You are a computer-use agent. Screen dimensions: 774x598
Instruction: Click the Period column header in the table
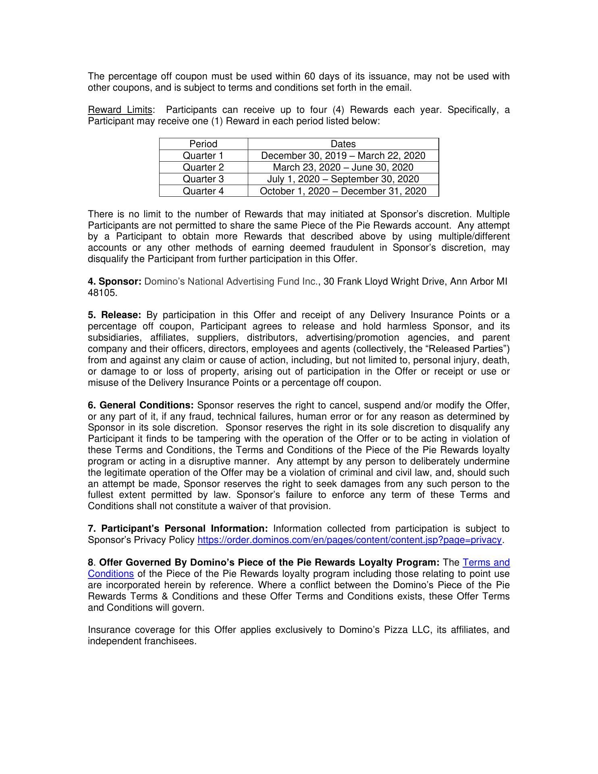[x=203, y=144]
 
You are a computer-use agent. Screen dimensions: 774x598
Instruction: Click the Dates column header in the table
[x=343, y=144]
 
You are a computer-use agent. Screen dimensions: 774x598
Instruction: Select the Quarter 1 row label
[x=203, y=156]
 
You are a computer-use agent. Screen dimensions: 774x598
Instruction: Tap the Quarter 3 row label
[x=203, y=179]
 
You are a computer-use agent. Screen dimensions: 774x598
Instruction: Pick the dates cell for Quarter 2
[x=343, y=167]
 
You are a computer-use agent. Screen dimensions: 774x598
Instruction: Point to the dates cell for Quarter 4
[x=343, y=191]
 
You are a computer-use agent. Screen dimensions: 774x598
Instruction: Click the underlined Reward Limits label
[x=120, y=110]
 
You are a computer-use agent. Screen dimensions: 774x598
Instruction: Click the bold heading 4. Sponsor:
[x=114, y=281]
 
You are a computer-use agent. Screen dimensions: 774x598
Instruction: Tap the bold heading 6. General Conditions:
[x=141, y=405]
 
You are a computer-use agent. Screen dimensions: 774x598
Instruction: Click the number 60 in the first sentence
[x=309, y=77]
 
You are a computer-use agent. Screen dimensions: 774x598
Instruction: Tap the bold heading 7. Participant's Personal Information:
[x=178, y=529]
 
